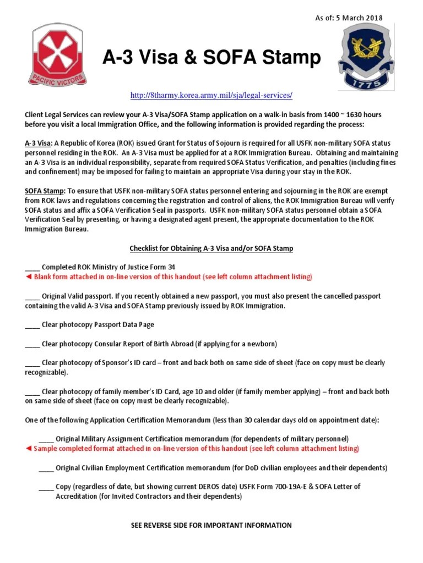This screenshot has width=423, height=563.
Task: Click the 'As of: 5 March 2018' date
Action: point(348,18)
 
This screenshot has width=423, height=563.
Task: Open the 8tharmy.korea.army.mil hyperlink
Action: point(211,96)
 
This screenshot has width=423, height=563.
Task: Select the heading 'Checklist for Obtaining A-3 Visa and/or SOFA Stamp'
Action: point(211,249)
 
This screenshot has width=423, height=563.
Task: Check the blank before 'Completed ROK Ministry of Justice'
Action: point(32,267)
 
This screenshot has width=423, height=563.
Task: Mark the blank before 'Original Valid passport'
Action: point(32,296)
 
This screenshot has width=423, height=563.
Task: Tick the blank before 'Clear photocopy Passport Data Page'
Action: point(32,325)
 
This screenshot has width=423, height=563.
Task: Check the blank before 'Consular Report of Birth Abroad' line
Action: point(32,344)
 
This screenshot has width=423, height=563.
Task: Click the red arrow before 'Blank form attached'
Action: point(29,277)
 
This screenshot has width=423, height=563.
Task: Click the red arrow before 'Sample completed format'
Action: point(29,449)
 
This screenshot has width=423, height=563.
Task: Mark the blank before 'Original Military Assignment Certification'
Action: point(46,439)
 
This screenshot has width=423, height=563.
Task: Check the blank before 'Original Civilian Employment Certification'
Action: point(46,468)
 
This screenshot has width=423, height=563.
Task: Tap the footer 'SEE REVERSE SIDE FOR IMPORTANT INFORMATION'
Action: point(211,525)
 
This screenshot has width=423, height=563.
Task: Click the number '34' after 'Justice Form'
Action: point(172,267)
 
